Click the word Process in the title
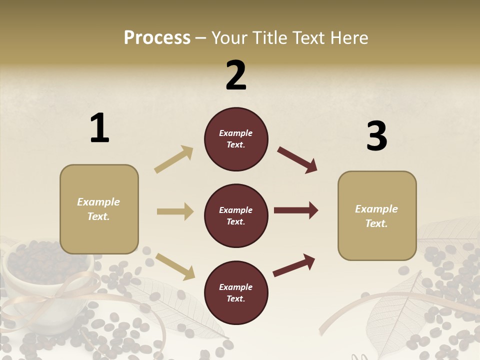(157, 38)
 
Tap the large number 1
(99, 128)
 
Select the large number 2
(236, 75)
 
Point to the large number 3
(376, 136)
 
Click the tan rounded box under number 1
(99, 209)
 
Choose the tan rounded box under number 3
(377, 215)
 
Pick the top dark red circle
(236, 139)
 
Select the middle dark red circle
(236, 215)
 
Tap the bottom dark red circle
(236, 292)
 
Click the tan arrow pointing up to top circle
(173, 159)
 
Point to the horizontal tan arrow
(175, 211)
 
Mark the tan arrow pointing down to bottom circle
(175, 266)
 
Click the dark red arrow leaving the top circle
(297, 160)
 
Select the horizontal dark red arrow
(295, 210)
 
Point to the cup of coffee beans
(47, 280)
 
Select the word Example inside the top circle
(236, 133)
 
